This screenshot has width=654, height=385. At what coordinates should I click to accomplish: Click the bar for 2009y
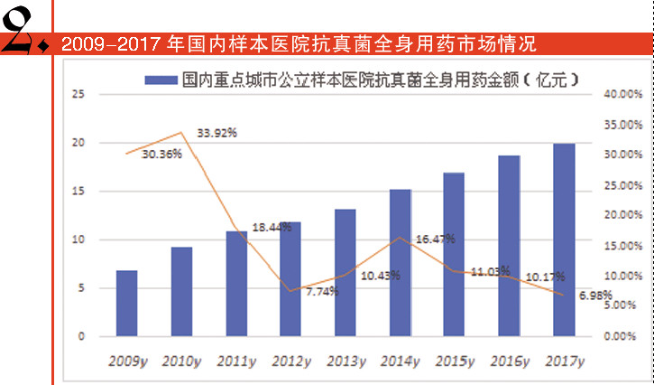[x=127, y=304]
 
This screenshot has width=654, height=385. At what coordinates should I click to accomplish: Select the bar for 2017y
[x=564, y=239]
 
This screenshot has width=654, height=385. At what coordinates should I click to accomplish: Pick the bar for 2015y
[x=454, y=254]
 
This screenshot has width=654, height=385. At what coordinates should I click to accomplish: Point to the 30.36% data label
[x=162, y=154]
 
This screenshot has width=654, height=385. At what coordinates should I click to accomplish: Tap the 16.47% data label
[x=435, y=239]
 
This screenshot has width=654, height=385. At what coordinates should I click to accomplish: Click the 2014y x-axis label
[x=400, y=362]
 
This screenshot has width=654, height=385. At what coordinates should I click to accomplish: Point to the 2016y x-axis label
[x=509, y=362]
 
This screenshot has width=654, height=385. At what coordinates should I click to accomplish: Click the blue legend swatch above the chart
[x=160, y=80]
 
